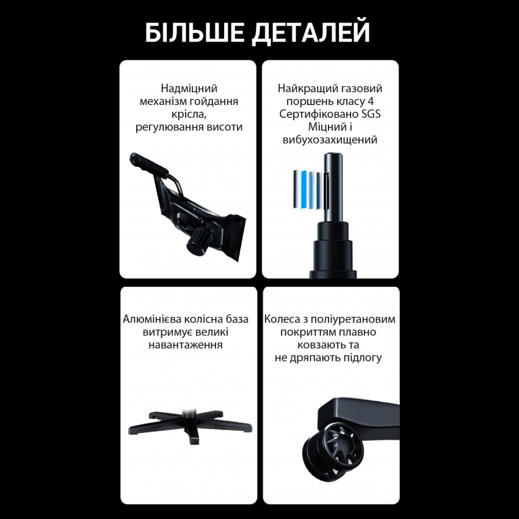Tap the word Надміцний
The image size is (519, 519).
click(x=189, y=89)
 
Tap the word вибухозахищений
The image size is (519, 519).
click(x=330, y=140)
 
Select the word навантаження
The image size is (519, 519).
click(x=185, y=345)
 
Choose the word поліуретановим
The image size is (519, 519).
click(x=359, y=319)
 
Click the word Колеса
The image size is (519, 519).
click(x=285, y=319)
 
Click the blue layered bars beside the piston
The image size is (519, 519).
click(x=307, y=189)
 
